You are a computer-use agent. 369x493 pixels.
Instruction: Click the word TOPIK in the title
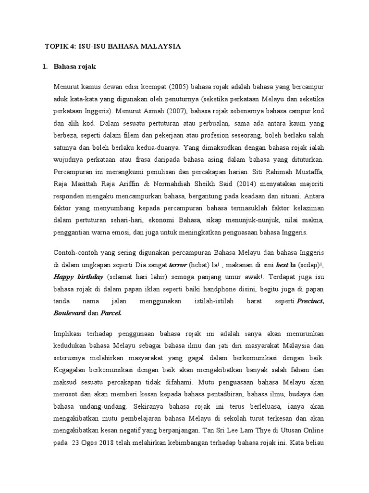tap(57, 47)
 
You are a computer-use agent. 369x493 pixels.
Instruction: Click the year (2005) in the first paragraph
tap(180, 87)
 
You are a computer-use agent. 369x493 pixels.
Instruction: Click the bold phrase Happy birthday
tap(78, 277)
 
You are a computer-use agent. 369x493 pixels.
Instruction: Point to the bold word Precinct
tap(310, 301)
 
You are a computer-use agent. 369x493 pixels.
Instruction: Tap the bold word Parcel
tap(111, 313)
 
